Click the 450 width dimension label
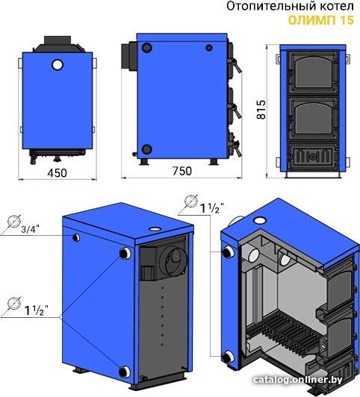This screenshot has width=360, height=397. [x=58, y=173]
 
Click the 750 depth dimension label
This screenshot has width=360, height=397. [x=182, y=171]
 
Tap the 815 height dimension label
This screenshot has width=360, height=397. [x=261, y=110]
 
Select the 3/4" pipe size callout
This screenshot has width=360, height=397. [x=31, y=229]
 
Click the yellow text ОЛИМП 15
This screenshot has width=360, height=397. [x=321, y=20]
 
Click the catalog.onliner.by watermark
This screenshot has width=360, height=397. [x=298, y=380]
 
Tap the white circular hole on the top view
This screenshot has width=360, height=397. [x=58, y=65]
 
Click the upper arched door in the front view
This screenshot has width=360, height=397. [x=313, y=72]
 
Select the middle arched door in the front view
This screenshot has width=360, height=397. [x=313, y=119]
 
